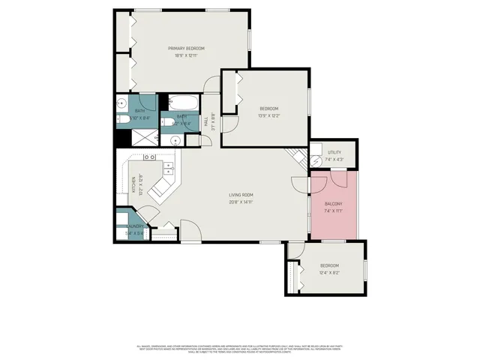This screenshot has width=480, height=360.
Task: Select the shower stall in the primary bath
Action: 141,137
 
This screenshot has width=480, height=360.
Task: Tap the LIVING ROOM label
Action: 241,196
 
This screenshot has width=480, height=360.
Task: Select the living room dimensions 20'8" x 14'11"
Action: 241,202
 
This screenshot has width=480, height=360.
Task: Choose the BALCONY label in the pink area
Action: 334,204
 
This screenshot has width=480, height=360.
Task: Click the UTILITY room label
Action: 334,153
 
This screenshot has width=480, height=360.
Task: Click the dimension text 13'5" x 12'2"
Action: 270,115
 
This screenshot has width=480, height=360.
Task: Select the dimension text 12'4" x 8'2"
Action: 330,272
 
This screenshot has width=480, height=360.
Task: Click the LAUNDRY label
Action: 135,226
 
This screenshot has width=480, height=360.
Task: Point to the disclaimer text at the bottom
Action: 240,348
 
